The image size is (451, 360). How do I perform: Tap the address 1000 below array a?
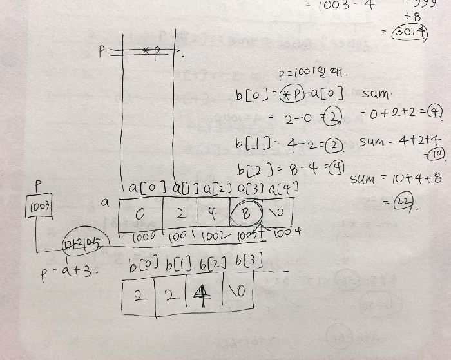[145, 236]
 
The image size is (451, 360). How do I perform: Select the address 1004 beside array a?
[287, 233]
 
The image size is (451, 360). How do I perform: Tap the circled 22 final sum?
[404, 205]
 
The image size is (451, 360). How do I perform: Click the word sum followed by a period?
[375, 94]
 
